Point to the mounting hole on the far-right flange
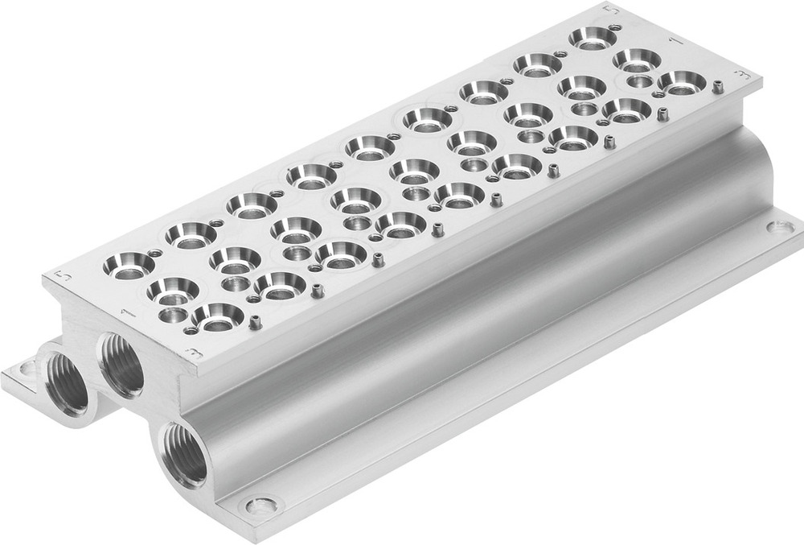click(780, 228)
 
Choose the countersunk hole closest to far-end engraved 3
click(683, 81)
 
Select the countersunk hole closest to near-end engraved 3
click(217, 317)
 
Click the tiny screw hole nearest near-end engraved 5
click(150, 252)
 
